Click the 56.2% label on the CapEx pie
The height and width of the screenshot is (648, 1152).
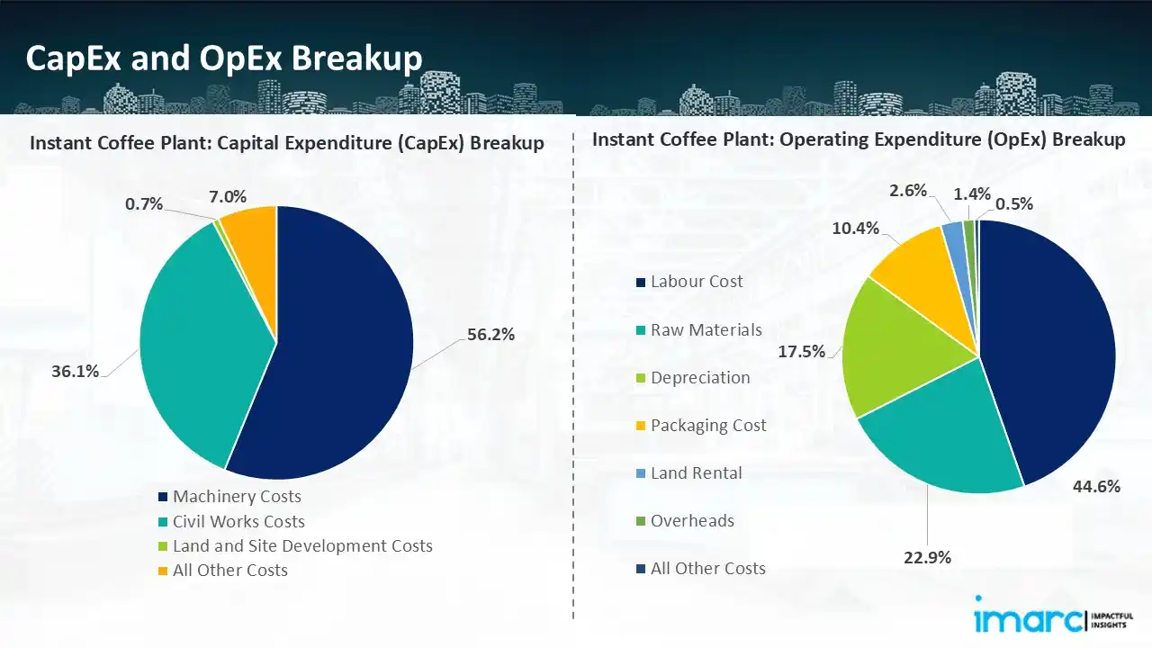point(490,335)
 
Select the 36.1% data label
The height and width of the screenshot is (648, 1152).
point(76,371)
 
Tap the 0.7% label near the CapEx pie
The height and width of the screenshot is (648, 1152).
point(144,204)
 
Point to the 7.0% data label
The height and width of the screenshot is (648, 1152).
point(228,197)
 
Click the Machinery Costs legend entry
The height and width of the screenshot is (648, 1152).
point(237,497)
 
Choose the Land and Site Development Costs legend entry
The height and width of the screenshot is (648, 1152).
point(302,545)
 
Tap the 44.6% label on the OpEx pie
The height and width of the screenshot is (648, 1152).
point(1096,487)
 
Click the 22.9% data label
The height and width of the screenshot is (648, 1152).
point(926,558)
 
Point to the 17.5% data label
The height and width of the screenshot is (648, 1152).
point(801,352)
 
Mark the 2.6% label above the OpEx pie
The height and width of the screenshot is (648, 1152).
point(908,190)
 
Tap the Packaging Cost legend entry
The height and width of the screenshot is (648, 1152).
point(708,425)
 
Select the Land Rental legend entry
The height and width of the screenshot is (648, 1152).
point(697,472)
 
